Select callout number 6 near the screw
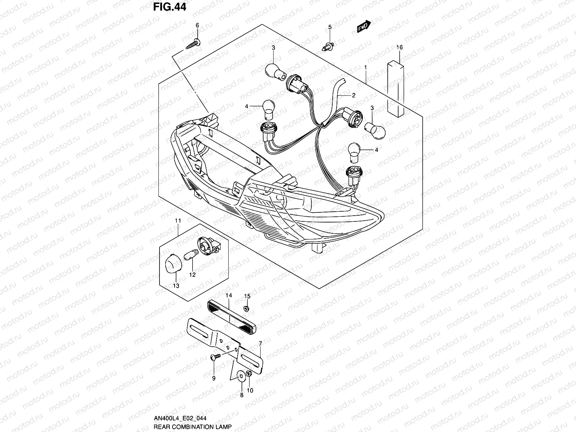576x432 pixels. tap(197, 25)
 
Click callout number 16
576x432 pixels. tap(399, 47)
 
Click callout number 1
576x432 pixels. tap(365, 67)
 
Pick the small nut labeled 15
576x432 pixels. tap(247, 309)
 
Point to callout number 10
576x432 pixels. tap(251, 390)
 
